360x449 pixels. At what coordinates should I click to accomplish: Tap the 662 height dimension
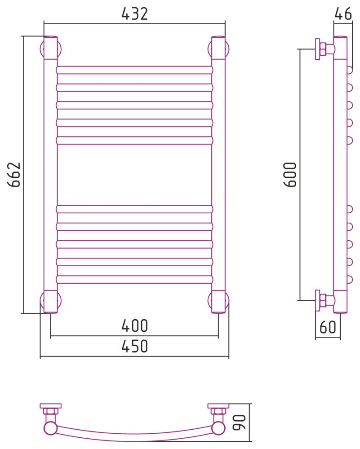click(14, 174)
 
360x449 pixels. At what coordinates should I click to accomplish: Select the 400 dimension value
click(134, 326)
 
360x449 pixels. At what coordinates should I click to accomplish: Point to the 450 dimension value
click(134, 346)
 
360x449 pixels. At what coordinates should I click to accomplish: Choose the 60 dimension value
click(328, 327)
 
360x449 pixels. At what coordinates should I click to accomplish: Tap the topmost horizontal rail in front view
click(134, 70)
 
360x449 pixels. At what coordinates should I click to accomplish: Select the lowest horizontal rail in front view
click(134, 279)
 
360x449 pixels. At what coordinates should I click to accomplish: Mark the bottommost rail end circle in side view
click(349, 279)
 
